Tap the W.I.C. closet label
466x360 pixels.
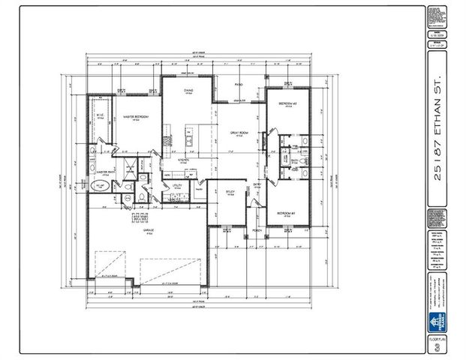coord(100,115)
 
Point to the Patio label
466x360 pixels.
coord(238,85)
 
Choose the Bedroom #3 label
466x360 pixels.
coord(285,103)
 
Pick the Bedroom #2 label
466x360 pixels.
coord(285,213)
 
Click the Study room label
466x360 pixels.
coord(231,192)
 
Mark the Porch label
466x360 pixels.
coord(257,231)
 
